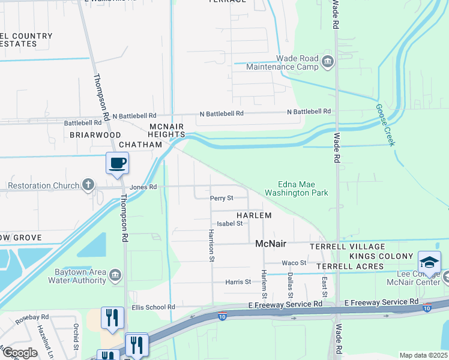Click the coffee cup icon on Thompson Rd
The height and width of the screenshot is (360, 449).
coord(118,163)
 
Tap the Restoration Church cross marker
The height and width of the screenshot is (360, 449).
coord(88,185)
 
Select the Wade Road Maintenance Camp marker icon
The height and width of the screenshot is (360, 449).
coord(328,62)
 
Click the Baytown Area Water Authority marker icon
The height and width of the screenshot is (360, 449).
coord(115,274)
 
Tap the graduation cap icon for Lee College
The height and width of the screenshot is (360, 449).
coord(429,262)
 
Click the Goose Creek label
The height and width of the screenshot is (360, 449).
coord(385,125)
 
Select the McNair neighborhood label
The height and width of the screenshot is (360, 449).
coord(271,244)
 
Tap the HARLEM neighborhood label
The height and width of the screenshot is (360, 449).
coord(254,215)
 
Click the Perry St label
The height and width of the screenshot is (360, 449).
coord(221,198)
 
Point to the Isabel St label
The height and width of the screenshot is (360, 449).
coord(229,223)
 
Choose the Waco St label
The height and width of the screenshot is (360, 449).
coord(294,263)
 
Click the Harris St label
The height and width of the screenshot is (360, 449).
coord(238,281)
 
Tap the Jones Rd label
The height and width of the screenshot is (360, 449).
coord(143,187)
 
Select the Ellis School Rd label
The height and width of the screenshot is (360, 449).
coord(153,307)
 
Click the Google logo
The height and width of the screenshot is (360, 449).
coord(20,352)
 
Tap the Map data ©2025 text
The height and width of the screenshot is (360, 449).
coord(423,355)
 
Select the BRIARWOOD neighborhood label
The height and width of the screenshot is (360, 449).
coord(95,135)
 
